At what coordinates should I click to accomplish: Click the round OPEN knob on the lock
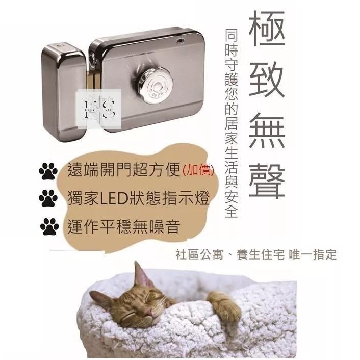[x=156, y=86]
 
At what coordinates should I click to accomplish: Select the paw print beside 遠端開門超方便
[x=48, y=172]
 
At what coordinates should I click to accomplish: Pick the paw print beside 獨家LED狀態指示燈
[x=48, y=199]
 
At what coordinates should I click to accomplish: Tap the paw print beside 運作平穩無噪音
[x=48, y=226]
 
